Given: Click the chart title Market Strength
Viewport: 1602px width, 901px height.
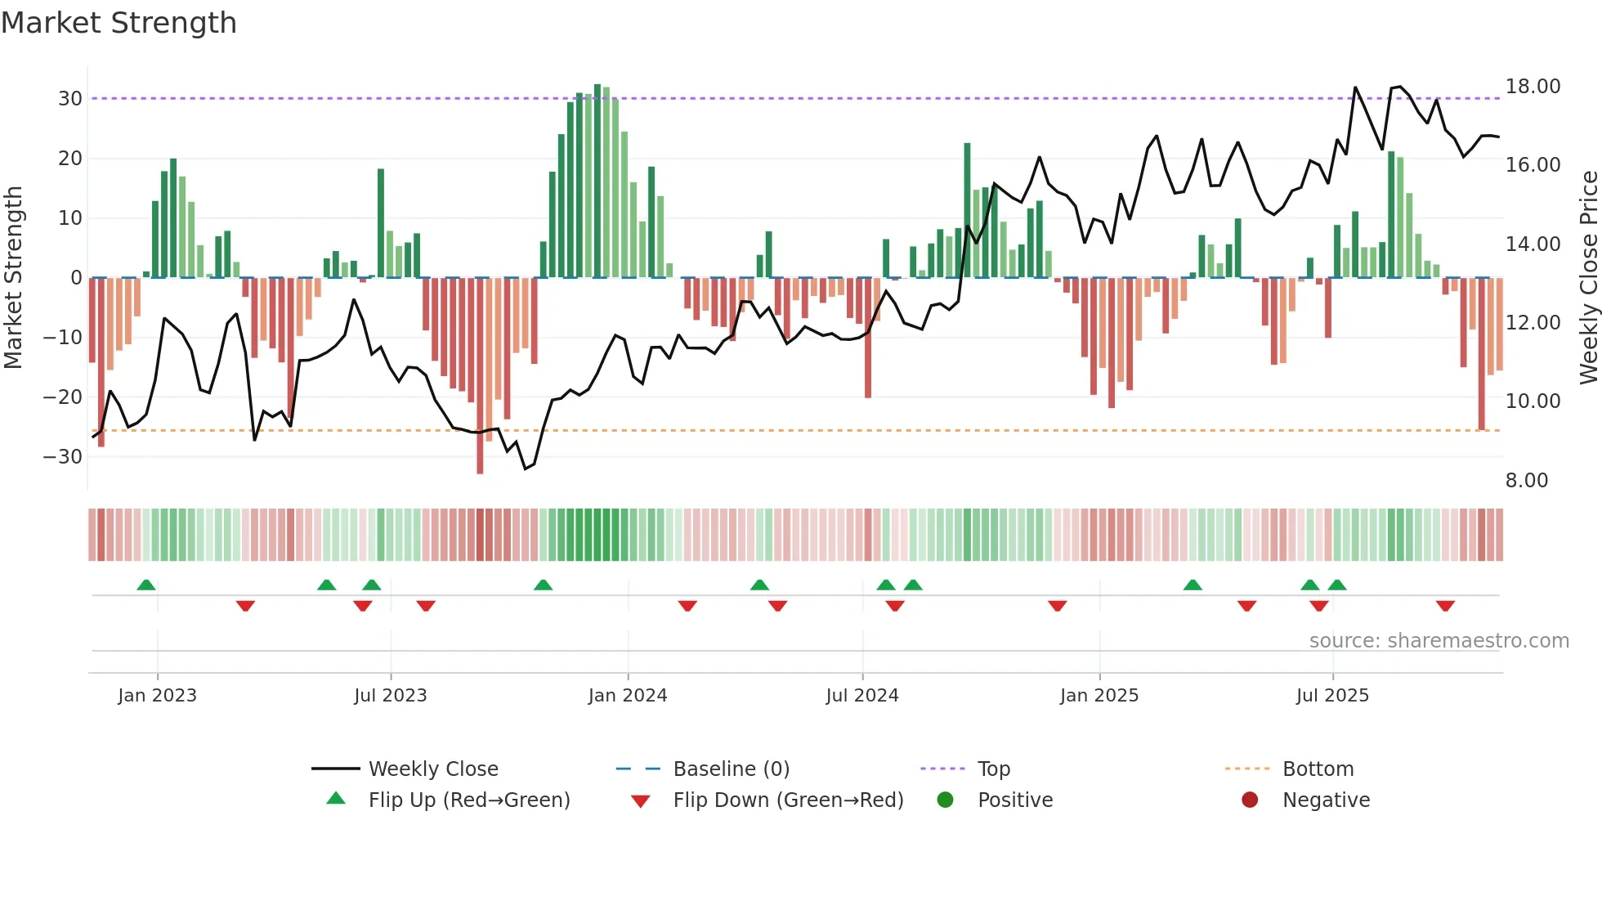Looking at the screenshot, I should pyautogui.click(x=119, y=23).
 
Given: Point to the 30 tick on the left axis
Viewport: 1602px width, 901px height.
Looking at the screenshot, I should pyautogui.click(x=70, y=99).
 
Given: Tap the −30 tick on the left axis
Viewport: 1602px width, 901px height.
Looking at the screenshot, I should pyautogui.click(x=64, y=457).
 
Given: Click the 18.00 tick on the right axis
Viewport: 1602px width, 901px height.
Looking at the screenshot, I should pyautogui.click(x=1533, y=87).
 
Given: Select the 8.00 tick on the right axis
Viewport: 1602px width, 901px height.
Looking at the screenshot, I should pyautogui.click(x=1526, y=481).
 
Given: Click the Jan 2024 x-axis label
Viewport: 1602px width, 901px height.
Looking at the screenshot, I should pyautogui.click(x=627, y=696).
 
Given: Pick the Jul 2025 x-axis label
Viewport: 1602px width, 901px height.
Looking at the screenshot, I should pyautogui.click(x=1331, y=696).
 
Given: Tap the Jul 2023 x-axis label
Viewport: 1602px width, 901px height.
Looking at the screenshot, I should pyautogui.click(x=390, y=696).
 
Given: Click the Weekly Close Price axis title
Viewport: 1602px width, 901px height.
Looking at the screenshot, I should pyautogui.click(x=1588, y=278).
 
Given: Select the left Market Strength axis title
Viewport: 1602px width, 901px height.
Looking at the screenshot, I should pyautogui.click(x=13, y=278).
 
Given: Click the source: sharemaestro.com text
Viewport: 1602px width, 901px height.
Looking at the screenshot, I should pyautogui.click(x=1439, y=641).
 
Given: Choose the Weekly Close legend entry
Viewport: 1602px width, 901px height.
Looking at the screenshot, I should pyautogui.click(x=432, y=769).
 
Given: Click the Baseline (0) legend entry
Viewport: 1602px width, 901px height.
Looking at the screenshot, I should pyautogui.click(x=731, y=769).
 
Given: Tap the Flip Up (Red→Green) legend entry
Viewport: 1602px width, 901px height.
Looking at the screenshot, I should pyautogui.click(x=468, y=800).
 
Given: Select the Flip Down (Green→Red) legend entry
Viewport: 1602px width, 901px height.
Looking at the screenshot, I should pyautogui.click(x=788, y=800).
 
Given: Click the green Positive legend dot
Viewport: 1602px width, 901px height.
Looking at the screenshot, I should pyautogui.click(x=945, y=800).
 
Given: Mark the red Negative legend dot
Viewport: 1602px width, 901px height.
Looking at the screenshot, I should pyautogui.click(x=1249, y=800).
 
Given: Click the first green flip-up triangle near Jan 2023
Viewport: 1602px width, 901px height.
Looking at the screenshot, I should pyautogui.click(x=146, y=585).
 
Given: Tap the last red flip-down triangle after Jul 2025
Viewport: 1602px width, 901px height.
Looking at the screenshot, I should pyautogui.click(x=1445, y=606).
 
